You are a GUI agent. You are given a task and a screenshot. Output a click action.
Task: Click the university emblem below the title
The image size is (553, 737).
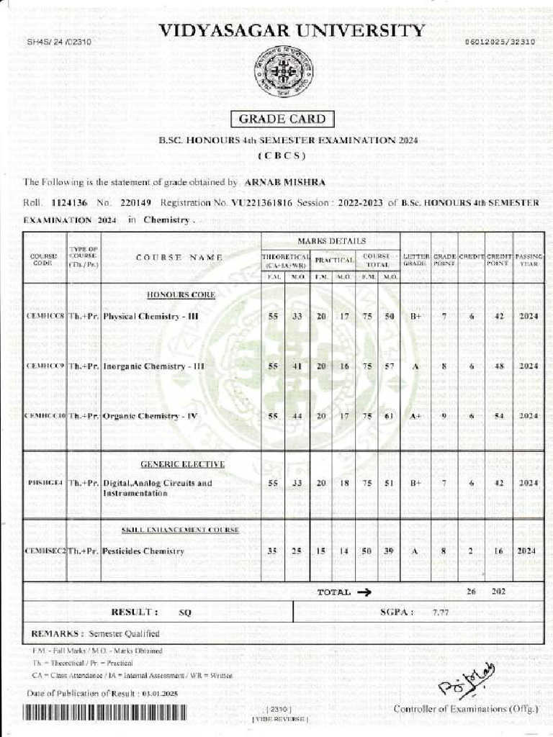pyautogui.click(x=283, y=72)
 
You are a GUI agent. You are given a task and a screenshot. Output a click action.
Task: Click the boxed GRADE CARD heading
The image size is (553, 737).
pyautogui.click(x=282, y=119)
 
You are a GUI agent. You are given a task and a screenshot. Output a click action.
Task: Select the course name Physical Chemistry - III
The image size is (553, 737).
pyautogui.click(x=150, y=316)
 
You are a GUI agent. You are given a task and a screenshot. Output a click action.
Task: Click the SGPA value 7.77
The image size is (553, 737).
pyautogui.click(x=441, y=612)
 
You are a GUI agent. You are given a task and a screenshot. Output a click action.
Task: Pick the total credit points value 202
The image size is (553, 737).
pyautogui.click(x=498, y=592)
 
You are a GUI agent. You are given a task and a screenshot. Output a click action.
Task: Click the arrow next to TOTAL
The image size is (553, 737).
pyautogui.click(x=363, y=592)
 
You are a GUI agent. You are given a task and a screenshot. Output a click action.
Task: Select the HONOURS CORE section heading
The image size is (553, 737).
pyautogui.click(x=181, y=295)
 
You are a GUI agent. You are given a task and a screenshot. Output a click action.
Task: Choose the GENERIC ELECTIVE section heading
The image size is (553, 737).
pyautogui.click(x=182, y=464)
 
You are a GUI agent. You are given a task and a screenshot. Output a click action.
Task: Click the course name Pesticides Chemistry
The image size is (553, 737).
pyautogui.click(x=143, y=551)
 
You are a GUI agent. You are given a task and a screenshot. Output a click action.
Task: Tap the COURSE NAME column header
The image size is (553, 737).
pyautogui.click(x=179, y=257)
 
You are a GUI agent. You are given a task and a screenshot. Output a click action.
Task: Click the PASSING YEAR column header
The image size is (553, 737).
pyautogui.click(x=529, y=260)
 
